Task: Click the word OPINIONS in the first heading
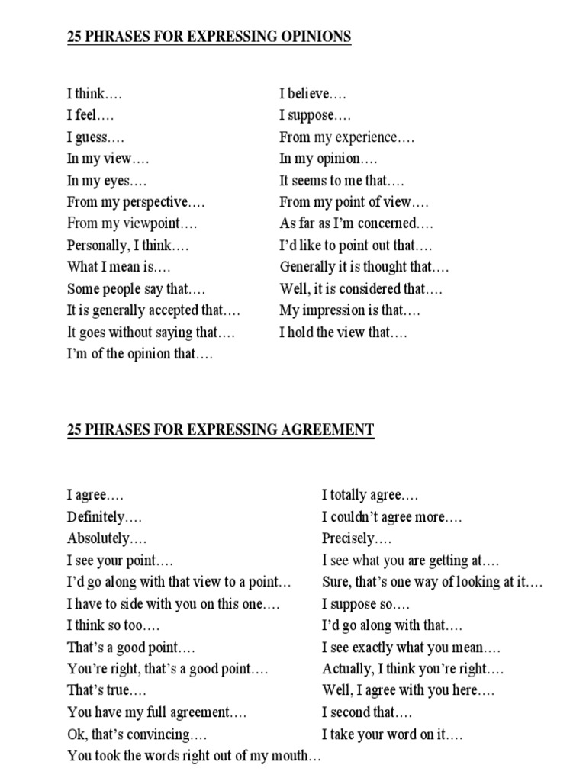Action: pyautogui.click(x=307, y=36)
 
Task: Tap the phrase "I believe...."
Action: pyautogui.click(x=313, y=94)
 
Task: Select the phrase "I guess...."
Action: pyautogui.click(x=95, y=137)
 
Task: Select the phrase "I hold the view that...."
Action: pyautogui.click(x=343, y=333)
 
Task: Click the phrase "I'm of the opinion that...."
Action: pyautogui.click(x=140, y=355)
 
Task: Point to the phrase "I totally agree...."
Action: pyautogui.click(x=369, y=496)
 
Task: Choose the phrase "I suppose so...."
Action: pyautogui.click(x=365, y=605)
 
